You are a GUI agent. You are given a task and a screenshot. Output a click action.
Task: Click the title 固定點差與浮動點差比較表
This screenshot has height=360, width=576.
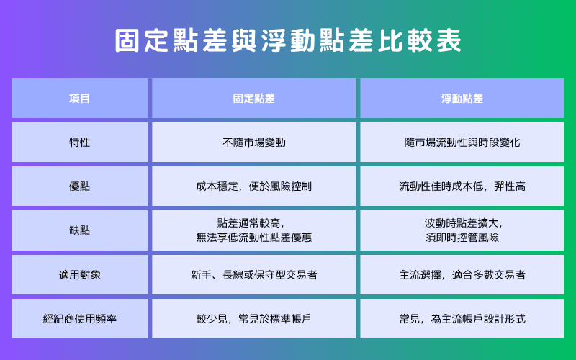click(288, 41)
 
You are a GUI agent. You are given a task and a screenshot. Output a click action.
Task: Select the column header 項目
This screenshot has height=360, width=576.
click(79, 98)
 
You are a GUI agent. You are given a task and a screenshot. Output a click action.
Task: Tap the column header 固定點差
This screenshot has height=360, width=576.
click(254, 98)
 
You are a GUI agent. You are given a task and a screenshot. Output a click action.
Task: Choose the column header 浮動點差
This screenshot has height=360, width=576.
click(462, 98)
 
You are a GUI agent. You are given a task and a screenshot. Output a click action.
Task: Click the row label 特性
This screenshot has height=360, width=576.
click(79, 142)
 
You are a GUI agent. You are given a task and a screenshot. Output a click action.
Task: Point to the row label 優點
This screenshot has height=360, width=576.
click(79, 186)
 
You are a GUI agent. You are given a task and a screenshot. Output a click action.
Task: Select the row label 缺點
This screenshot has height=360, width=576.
click(79, 230)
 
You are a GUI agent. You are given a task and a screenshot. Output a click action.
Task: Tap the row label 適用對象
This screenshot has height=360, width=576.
click(79, 274)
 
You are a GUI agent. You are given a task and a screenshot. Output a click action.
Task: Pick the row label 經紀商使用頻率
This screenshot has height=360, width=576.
click(79, 318)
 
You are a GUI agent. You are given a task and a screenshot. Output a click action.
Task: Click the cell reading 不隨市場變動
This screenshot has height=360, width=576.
click(254, 142)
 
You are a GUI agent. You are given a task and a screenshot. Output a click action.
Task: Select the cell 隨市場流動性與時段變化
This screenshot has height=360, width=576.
click(462, 142)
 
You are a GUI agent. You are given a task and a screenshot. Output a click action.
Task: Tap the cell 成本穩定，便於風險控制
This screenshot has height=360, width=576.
click(254, 186)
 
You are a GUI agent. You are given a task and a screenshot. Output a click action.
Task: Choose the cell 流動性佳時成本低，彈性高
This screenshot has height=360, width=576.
click(462, 186)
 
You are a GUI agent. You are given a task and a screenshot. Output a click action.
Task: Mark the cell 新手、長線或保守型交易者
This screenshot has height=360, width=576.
click(254, 274)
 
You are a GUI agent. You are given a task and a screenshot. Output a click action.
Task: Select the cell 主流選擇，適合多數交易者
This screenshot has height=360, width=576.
click(462, 274)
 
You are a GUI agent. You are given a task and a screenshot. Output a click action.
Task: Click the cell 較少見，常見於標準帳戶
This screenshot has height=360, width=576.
click(254, 318)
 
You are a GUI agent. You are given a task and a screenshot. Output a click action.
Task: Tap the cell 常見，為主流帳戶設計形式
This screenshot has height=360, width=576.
click(462, 318)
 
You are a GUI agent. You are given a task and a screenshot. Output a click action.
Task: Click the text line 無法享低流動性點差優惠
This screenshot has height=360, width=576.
click(254, 237)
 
